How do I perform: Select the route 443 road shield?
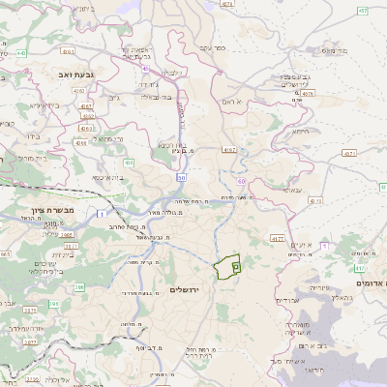[20, 54]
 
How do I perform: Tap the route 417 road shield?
[360, 267]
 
